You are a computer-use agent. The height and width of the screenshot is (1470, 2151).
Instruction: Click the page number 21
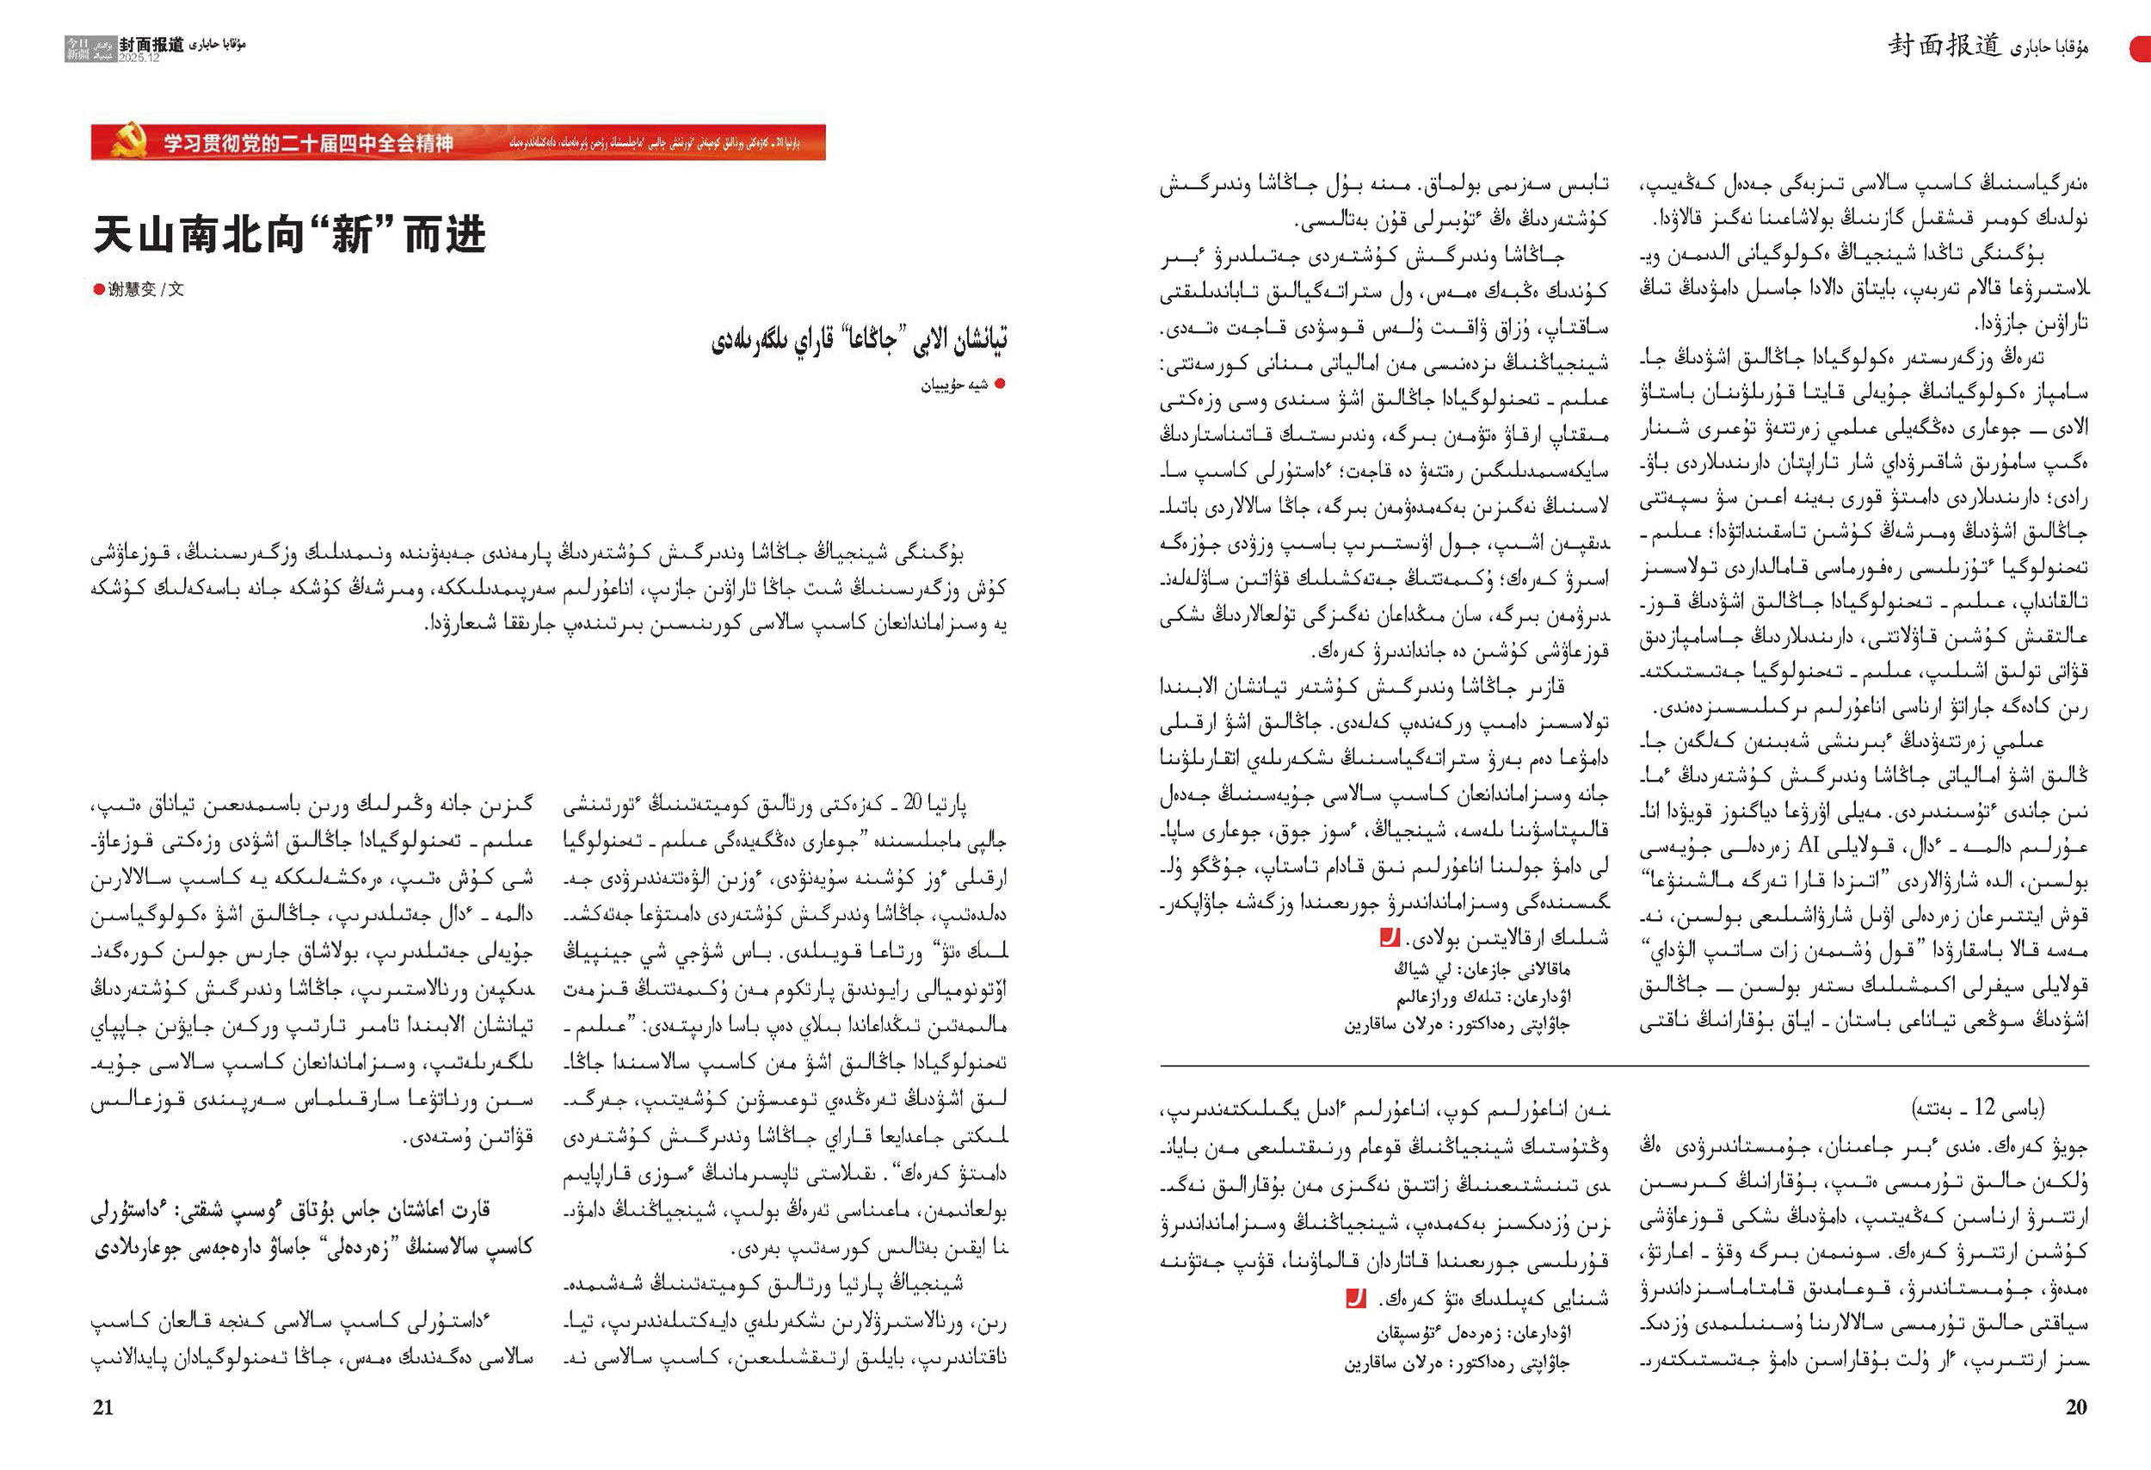[x=102, y=1407]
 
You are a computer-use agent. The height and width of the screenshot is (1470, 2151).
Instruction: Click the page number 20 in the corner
[x=2076, y=1407]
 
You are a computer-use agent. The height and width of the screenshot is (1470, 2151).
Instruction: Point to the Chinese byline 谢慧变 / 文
[x=145, y=290]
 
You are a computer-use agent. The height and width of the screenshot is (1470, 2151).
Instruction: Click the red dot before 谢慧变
[x=99, y=290]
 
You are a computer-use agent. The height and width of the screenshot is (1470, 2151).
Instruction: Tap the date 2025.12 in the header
[x=139, y=58]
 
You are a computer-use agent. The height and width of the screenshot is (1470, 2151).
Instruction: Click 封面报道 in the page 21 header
[x=151, y=45]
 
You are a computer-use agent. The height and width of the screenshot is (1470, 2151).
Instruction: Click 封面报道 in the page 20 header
[x=1945, y=46]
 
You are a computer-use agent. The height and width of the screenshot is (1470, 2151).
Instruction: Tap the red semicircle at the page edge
[x=2141, y=49]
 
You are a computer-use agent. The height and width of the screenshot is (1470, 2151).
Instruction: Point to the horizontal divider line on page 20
[x=1624, y=1065]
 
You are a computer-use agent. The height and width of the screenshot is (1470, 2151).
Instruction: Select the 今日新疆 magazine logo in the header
[x=77, y=49]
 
